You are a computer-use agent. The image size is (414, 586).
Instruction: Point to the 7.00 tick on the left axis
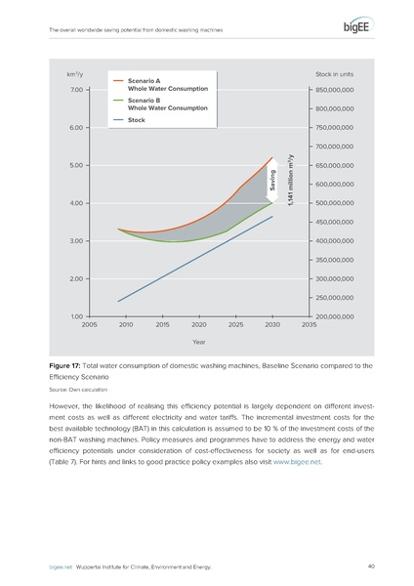coord(76,90)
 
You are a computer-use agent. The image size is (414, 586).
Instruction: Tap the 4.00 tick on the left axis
coord(76,203)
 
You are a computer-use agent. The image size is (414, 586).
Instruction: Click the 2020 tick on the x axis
coord(198,324)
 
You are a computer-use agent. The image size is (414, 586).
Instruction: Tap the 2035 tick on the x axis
coord(310,324)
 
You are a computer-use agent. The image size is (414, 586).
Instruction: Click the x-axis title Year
coord(198,342)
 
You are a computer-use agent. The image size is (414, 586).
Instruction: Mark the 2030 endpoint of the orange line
coord(272,156)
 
